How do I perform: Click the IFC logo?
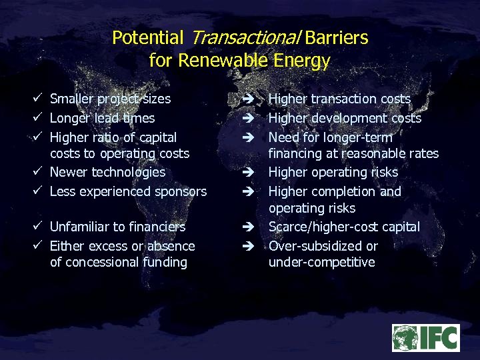tap(425, 338)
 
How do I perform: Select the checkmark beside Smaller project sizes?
tap(39, 99)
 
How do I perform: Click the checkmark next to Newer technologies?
tap(39, 172)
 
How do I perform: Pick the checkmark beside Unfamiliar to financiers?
tap(39, 227)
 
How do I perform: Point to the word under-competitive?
tap(321, 262)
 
